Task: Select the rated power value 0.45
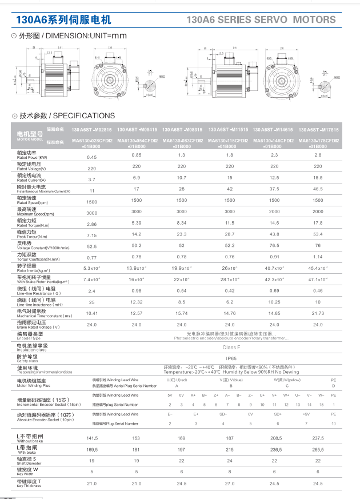click(91, 157)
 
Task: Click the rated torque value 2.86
click(91, 225)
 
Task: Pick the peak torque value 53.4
click(318, 234)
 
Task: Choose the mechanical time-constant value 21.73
click(318, 313)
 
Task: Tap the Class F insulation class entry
click(230, 347)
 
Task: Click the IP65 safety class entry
click(230, 358)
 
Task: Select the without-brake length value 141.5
click(91, 438)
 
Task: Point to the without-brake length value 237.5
click(318, 438)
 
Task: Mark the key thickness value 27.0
click(230, 484)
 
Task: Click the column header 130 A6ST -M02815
click(91, 130)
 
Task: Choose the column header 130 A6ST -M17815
click(318, 130)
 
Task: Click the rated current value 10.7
click(182, 178)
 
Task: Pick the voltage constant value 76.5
click(274, 245)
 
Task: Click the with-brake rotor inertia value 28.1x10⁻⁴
click(230, 280)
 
